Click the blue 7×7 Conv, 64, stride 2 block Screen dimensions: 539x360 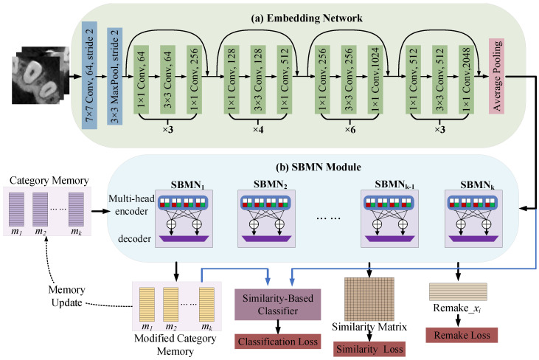point(89,75)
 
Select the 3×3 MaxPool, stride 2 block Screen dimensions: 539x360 point(115,76)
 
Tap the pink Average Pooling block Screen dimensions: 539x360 point(496,76)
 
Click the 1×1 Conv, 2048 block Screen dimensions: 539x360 point(466,80)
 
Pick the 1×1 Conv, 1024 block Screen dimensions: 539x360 point(375,80)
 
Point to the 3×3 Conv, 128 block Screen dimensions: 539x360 point(258,80)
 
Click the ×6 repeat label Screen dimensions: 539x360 point(350,130)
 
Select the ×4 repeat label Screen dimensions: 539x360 point(258,130)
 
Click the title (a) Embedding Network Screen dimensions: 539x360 point(307,18)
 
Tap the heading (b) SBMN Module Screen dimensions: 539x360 point(319,167)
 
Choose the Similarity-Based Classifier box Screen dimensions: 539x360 point(278,304)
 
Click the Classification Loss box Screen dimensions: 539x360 point(278,342)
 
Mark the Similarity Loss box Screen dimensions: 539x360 point(369,350)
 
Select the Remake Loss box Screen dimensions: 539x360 point(462,335)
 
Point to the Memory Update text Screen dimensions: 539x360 point(66,296)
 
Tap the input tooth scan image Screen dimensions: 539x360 point(41,75)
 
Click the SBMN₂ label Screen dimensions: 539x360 point(271,184)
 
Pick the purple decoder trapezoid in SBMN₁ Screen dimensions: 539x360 point(184,238)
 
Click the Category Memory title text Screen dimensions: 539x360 point(49,180)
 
